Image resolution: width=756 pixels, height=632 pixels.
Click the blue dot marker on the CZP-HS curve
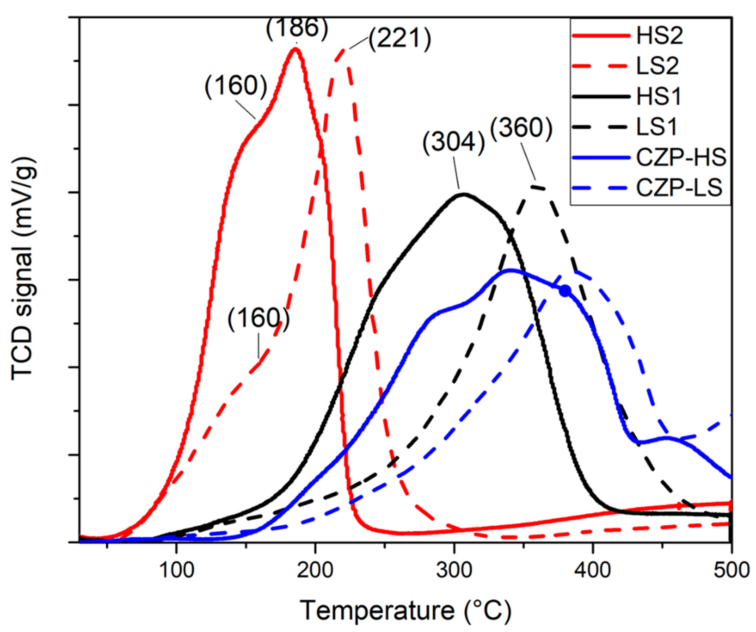[x=565, y=290]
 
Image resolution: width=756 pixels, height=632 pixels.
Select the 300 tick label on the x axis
[x=454, y=571]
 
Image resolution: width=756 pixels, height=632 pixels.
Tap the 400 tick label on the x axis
[x=593, y=571]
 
